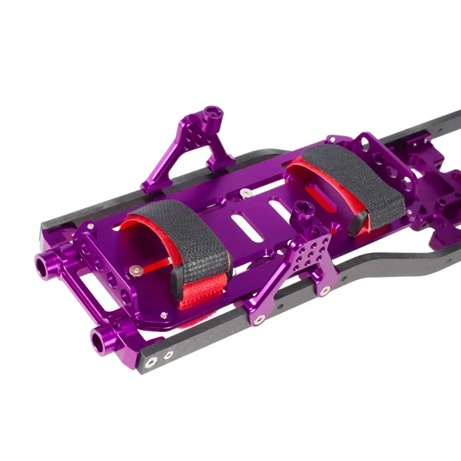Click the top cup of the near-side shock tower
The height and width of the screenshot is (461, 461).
click(x=304, y=209)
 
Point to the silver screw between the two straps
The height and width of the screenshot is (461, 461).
click(x=245, y=193)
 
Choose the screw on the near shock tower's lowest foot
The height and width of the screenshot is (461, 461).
click(x=260, y=319)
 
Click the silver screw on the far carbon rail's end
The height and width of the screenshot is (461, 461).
click(x=90, y=226)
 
